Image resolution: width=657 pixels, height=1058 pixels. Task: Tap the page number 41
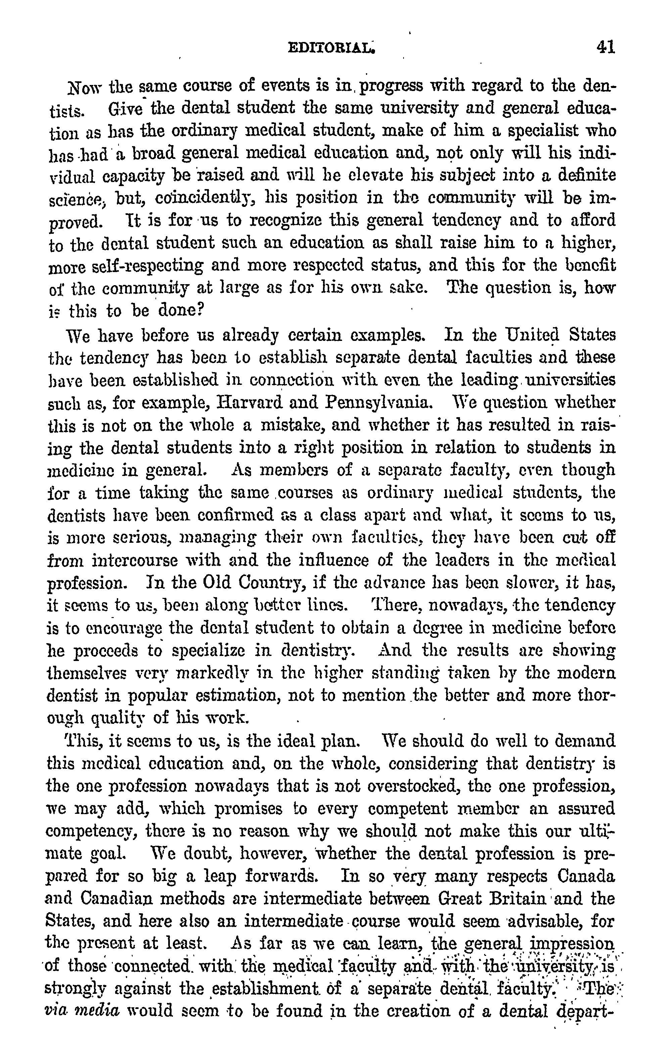tap(606, 46)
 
